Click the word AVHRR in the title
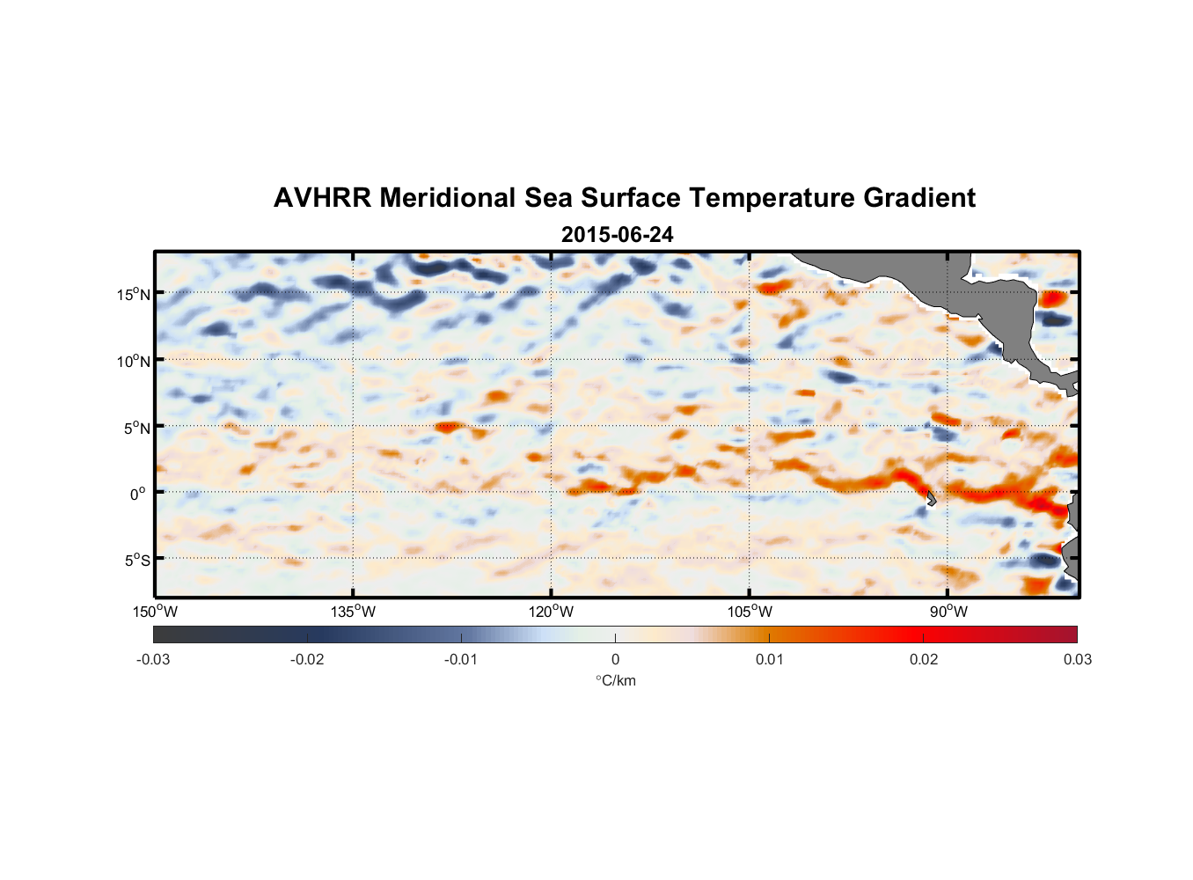[x=322, y=198]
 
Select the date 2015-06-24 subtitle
[x=618, y=235]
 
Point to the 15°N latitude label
[x=134, y=294]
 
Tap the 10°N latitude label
[x=134, y=361]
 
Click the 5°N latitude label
[x=136, y=428]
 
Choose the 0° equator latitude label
[x=138, y=494]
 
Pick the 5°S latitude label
[x=136, y=561]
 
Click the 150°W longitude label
[x=156, y=612]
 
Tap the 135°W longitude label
[x=354, y=612]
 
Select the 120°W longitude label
[x=552, y=612]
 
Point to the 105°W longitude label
[x=750, y=612]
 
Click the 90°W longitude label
[x=948, y=612]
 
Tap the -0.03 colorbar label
[x=153, y=659]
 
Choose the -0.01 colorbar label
[x=461, y=659]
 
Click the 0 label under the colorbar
[x=615, y=659]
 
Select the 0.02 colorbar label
[x=924, y=659]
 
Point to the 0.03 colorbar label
[x=1077, y=659]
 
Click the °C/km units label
[x=616, y=680]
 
